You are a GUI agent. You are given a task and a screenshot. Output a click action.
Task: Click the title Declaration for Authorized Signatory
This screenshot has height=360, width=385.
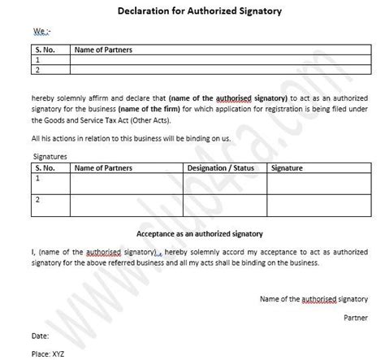pos(192,11)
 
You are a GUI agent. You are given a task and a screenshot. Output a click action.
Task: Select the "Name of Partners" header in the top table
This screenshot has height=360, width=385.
pos(102,50)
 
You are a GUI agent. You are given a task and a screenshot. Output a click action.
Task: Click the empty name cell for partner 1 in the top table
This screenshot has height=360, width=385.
pos(219,60)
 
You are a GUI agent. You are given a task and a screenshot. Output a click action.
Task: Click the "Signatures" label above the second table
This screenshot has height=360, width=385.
pos(50,156)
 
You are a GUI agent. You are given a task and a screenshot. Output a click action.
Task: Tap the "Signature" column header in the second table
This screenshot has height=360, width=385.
pos(287,168)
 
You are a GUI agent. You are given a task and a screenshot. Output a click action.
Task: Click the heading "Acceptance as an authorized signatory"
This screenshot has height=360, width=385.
pos(192,232)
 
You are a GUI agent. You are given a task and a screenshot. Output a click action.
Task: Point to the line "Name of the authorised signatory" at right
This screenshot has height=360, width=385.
pos(314,298)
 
